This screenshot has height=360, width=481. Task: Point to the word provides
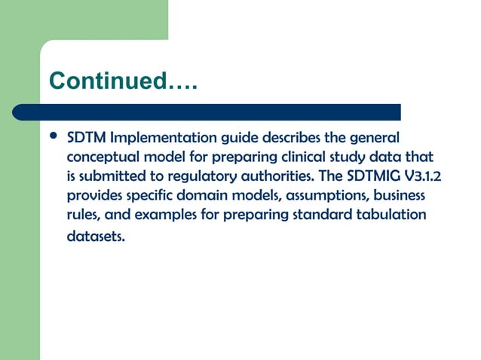pos(93,196)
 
